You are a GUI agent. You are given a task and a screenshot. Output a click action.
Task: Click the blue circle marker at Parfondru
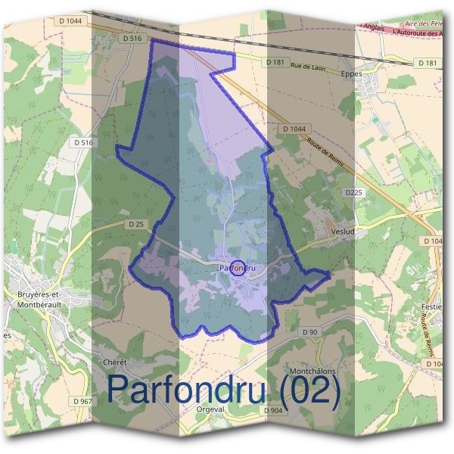point(238,268)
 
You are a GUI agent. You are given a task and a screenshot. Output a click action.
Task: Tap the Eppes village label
point(352,74)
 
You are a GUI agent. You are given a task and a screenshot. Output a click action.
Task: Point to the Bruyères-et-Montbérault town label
point(37,299)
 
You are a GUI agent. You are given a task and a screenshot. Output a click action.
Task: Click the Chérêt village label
point(113,362)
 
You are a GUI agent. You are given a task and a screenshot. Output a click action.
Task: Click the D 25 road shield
point(136,224)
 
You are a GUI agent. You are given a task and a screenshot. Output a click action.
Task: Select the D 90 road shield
point(310,332)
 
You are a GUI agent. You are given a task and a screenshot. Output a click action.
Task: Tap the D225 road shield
point(355,193)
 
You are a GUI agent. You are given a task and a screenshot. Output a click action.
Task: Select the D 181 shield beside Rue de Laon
point(274,61)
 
